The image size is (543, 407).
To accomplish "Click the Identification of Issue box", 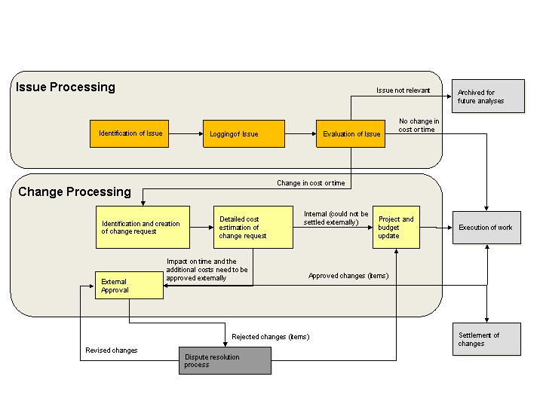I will pyautogui.click(x=130, y=133).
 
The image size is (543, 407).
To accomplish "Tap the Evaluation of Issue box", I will pyautogui.click(x=351, y=133).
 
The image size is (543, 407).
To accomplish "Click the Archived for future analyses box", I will pyautogui.click(x=487, y=96).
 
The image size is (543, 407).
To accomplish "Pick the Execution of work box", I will pyautogui.click(x=486, y=228).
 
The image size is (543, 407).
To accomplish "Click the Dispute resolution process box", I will pyautogui.click(x=224, y=360).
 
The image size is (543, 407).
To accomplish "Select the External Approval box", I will pyautogui.click(x=128, y=286).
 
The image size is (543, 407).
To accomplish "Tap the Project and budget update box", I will pyautogui.click(x=396, y=227).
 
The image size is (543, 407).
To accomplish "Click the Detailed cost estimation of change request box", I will pyautogui.click(x=253, y=227).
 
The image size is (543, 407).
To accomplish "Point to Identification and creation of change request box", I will pyautogui.click(x=143, y=227).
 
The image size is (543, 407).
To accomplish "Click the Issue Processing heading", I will pyautogui.click(x=66, y=87).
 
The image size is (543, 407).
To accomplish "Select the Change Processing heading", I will pyautogui.click(x=75, y=191).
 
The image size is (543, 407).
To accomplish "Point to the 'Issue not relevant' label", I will pyautogui.click(x=403, y=90).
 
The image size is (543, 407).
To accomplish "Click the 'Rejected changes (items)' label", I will pyautogui.click(x=270, y=336).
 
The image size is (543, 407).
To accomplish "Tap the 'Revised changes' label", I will pyautogui.click(x=112, y=350).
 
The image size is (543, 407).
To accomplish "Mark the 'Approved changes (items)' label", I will pyautogui.click(x=348, y=276).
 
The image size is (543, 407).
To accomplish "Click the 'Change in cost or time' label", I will pyautogui.click(x=311, y=183).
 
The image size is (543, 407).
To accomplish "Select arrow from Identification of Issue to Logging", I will pyautogui.click(x=186, y=133).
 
